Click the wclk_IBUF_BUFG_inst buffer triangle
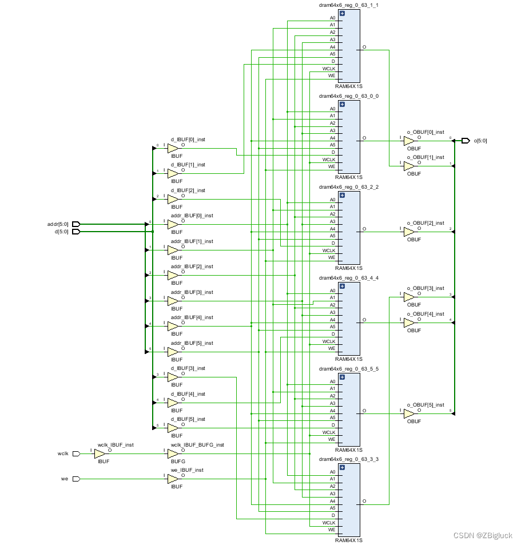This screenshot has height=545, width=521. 173,453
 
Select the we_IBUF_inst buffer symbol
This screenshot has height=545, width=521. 173,479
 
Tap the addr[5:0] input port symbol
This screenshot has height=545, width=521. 75,224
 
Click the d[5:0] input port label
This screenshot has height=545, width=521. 61,232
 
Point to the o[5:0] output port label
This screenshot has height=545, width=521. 480,140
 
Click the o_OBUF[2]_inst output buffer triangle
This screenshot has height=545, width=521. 408,232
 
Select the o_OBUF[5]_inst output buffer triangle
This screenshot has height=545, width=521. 408,413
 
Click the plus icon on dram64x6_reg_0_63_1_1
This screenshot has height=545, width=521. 342,13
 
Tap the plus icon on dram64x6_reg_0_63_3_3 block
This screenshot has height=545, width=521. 342,467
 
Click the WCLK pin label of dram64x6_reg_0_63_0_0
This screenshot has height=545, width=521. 329,160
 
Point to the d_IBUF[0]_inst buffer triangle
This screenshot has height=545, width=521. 173,148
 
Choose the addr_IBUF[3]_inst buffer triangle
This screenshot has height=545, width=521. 173,301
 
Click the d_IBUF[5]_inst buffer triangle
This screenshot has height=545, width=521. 173,428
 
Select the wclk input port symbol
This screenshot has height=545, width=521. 76,453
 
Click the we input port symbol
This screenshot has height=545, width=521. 76,479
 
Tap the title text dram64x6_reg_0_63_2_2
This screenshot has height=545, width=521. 348,187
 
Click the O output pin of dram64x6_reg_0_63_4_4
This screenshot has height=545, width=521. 364,320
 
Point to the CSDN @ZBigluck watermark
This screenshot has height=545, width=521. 483,535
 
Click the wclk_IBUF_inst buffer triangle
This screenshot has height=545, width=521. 100,453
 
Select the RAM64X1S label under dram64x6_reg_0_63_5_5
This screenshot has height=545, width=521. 348,449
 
